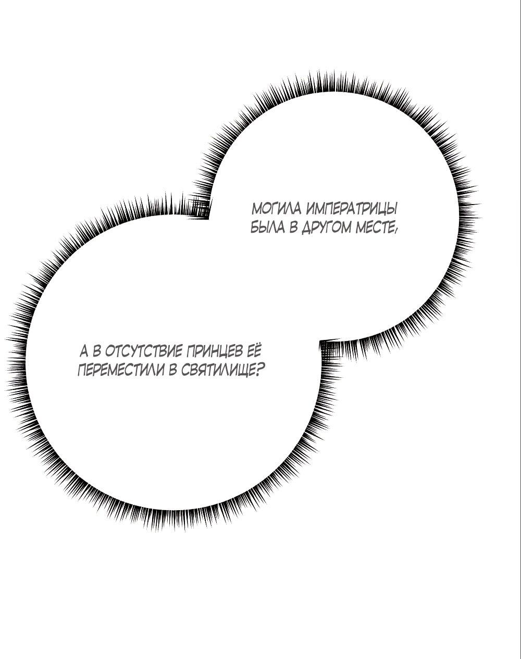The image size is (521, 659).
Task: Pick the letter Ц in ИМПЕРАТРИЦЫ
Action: [x=380, y=210]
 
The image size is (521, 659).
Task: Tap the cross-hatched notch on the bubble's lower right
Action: [x=329, y=350]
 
